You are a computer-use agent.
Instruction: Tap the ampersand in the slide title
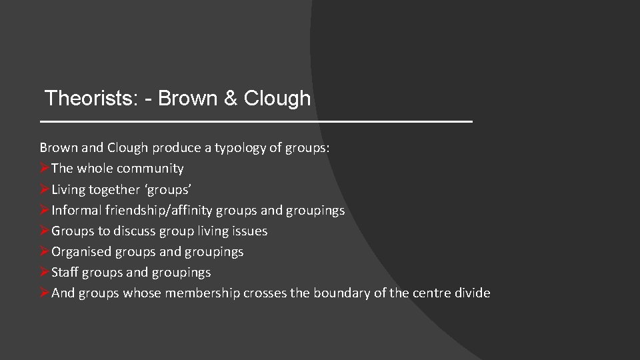pyautogui.click(x=230, y=99)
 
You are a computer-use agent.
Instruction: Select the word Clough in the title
pyautogui.click(x=277, y=99)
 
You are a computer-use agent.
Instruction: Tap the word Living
pyautogui.click(x=69, y=189)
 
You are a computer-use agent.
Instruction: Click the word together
pyautogui.click(x=115, y=190)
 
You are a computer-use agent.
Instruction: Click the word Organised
pyautogui.click(x=81, y=252)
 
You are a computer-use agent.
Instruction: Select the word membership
pyautogui.click(x=203, y=293)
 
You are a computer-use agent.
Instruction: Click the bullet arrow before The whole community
pyautogui.click(x=45, y=169)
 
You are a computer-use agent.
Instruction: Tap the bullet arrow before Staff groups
pyautogui.click(x=45, y=273)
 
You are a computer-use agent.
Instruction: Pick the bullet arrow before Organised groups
pyautogui.click(x=45, y=252)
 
